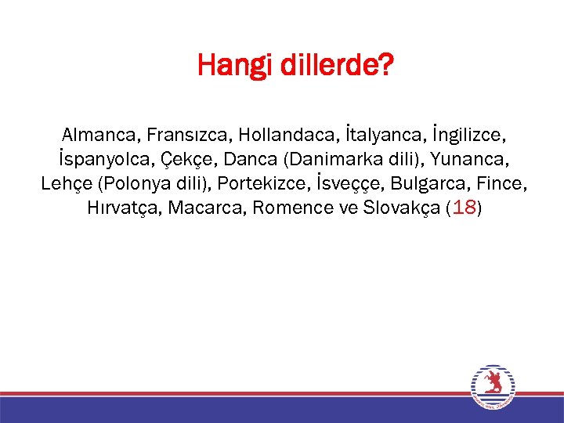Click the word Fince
tap(499, 184)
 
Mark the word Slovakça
tap(396, 209)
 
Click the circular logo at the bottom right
tap(493, 386)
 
